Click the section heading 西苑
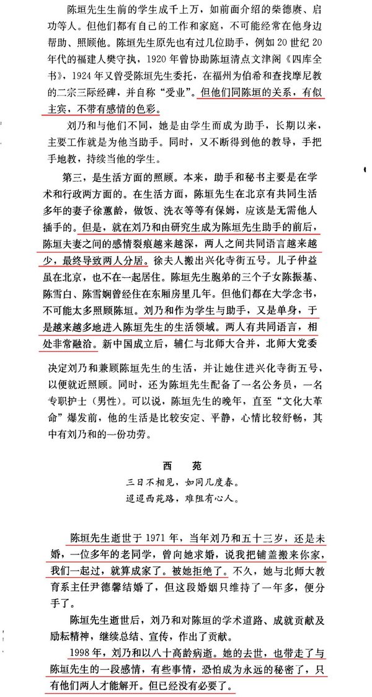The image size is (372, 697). point(185,464)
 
